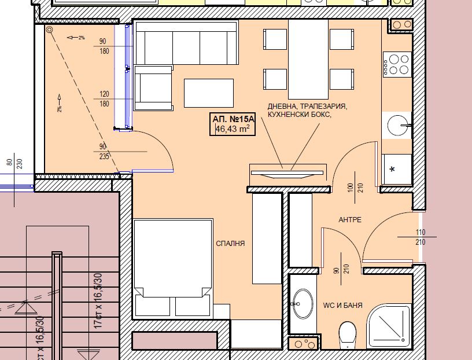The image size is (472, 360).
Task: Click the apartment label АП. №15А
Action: (x=233, y=119)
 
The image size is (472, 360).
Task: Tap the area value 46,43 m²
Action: (x=232, y=129)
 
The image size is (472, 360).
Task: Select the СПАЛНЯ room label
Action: (x=230, y=244)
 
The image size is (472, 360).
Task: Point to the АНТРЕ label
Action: (x=350, y=219)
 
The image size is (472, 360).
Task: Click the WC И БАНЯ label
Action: (x=342, y=305)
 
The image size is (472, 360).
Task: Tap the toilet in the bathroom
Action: (x=348, y=335)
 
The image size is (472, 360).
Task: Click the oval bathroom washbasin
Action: (x=303, y=304)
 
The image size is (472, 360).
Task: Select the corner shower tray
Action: (x=389, y=326)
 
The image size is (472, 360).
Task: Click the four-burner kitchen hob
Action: (x=397, y=64)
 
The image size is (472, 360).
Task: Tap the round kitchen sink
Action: (x=397, y=125)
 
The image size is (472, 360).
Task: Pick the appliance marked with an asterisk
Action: (x=396, y=169)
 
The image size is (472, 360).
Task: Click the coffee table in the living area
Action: (x=209, y=93)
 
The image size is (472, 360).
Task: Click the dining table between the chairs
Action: (x=308, y=60)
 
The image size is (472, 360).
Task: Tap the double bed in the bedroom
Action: (x=173, y=268)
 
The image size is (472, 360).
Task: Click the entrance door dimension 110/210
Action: (x=420, y=237)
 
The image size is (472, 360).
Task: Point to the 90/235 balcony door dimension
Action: (x=104, y=152)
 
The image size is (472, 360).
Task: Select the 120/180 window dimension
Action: (x=104, y=99)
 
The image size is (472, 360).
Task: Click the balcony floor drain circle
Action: (x=49, y=30)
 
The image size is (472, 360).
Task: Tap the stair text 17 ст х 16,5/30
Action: (x=98, y=300)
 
